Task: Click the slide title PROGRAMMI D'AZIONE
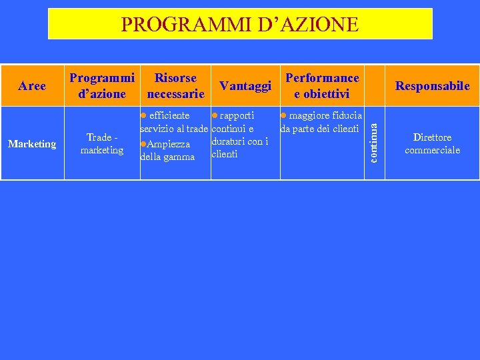[239, 25]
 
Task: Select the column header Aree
[32, 86]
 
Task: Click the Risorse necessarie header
[175, 86]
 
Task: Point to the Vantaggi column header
[245, 86]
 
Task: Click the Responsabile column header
[432, 86]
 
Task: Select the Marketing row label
[32, 144]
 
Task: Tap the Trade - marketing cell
[102, 144]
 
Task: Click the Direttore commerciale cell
[432, 144]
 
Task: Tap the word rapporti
[237, 116]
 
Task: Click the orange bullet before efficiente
[143, 116]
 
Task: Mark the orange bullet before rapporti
[214, 116]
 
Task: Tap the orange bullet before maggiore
[283, 116]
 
